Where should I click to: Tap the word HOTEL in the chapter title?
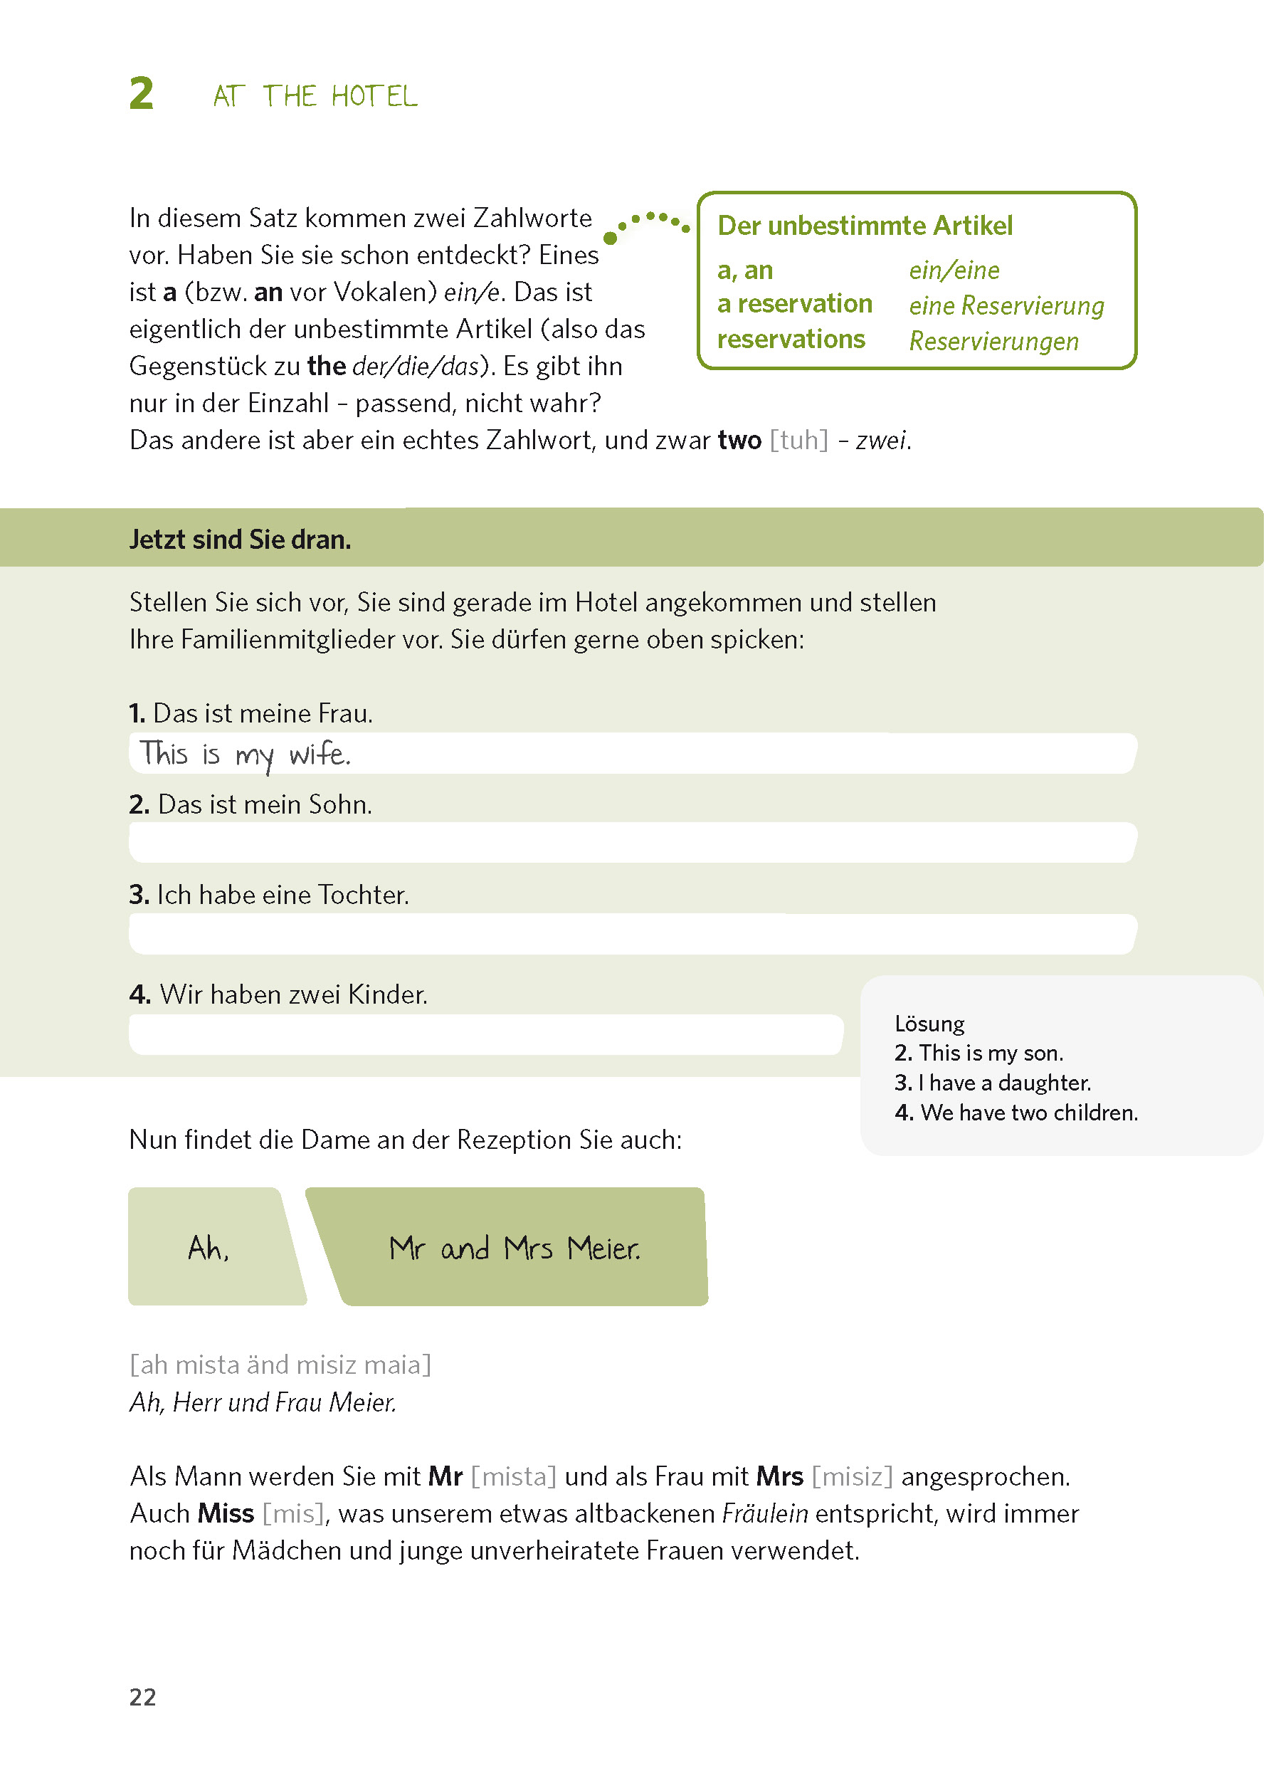pos(374,97)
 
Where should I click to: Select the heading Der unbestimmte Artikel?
pos(865,226)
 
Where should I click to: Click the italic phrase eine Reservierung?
pos(1006,305)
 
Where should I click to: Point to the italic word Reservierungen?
pos(993,341)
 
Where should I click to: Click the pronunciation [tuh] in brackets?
pos(798,441)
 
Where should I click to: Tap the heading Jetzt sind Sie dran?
pos(240,539)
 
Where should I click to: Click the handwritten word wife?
pos(320,754)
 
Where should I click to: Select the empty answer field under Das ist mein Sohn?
pos(631,842)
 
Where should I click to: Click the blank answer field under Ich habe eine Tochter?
pos(631,933)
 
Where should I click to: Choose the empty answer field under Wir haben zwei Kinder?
pos(485,1034)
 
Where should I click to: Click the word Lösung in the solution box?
pos(929,1023)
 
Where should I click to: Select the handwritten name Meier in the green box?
pos(603,1249)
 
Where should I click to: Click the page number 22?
pos(142,1697)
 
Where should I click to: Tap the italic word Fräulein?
pos(764,1513)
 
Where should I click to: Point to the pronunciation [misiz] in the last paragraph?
pos(851,1476)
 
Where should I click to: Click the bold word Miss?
pos(226,1513)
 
